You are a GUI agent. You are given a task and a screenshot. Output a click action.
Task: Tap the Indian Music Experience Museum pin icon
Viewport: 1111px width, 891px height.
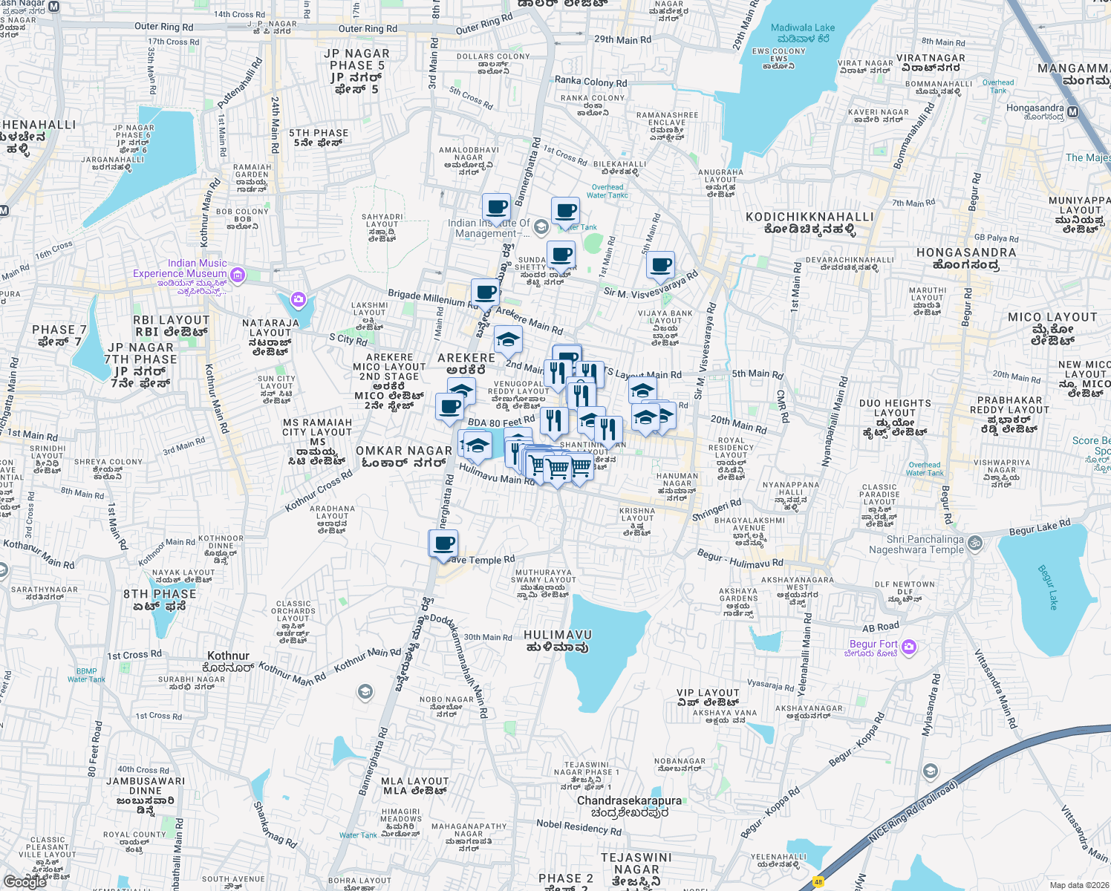pyautogui.click(x=238, y=275)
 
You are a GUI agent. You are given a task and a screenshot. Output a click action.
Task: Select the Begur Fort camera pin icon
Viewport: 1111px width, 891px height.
pyautogui.click(x=909, y=647)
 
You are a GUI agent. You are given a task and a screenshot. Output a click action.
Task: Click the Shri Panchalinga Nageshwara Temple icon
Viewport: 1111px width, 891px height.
pyautogui.click(x=975, y=544)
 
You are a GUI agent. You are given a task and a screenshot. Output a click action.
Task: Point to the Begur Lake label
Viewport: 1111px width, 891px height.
pyautogui.click(x=1047, y=587)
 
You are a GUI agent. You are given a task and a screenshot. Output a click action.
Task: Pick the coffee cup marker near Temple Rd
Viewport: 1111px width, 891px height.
pyautogui.click(x=444, y=544)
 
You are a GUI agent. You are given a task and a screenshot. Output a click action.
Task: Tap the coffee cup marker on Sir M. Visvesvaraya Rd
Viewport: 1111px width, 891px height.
pyautogui.click(x=659, y=265)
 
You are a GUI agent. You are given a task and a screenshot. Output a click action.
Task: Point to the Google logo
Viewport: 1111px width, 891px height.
pyautogui.click(x=25, y=881)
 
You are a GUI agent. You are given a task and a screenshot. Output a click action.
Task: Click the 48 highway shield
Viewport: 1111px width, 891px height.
pyautogui.click(x=818, y=882)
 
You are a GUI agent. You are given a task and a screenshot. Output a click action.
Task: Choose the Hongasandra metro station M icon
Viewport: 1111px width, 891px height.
pyautogui.click(x=1072, y=112)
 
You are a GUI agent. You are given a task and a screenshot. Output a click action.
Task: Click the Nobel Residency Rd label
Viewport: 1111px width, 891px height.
pyautogui.click(x=579, y=827)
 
